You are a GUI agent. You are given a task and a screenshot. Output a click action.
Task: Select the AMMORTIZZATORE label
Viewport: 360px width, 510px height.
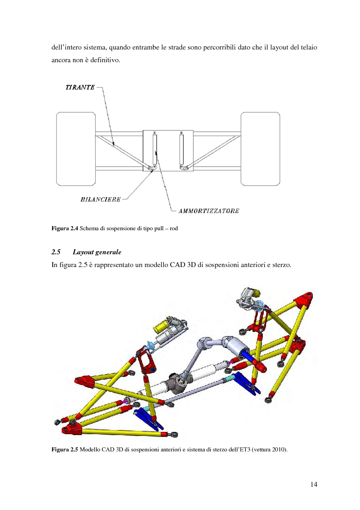[205, 210]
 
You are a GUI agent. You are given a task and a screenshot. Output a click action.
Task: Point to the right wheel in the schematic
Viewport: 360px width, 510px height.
[259, 149]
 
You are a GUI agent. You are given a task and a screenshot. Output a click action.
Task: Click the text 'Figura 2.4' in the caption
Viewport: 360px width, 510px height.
[64, 229]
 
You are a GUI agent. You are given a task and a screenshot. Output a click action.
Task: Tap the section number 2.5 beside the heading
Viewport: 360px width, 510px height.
[56, 252]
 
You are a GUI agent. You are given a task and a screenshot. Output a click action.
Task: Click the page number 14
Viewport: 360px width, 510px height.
[314, 484]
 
